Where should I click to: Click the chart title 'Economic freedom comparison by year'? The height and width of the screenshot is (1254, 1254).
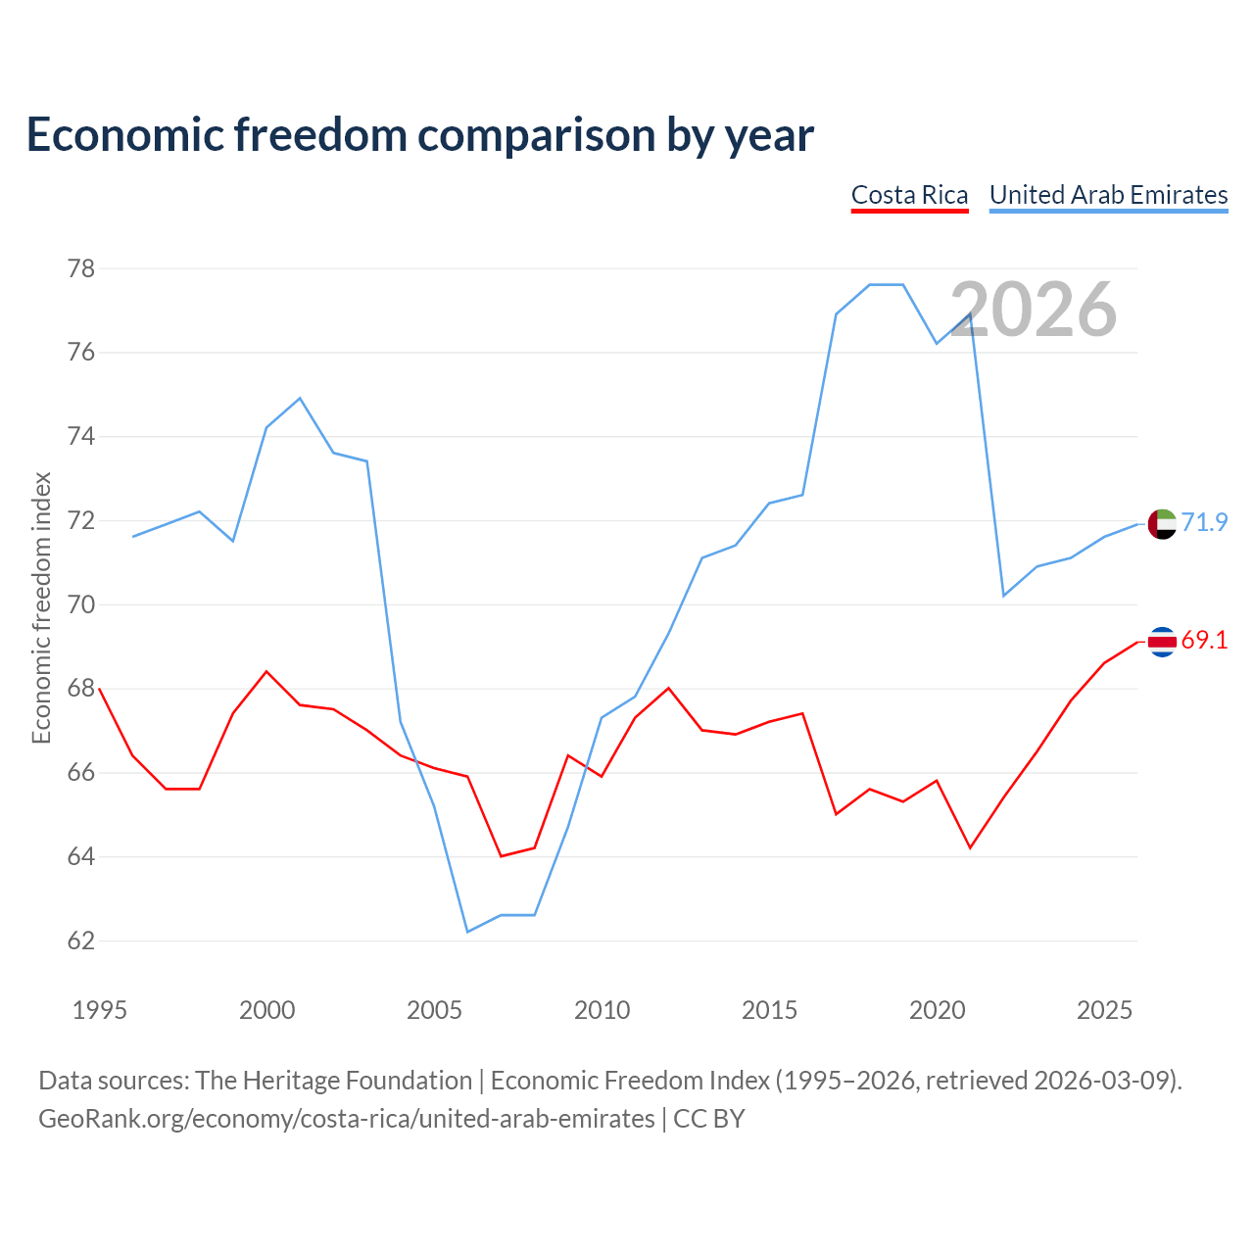[x=419, y=135]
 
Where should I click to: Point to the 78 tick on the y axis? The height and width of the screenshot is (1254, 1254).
[x=81, y=268]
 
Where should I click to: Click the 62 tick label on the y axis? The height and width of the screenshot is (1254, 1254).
[x=81, y=940]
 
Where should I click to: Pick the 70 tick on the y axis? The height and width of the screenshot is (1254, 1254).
[x=81, y=604]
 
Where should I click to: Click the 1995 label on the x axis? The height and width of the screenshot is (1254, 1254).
[x=100, y=1010]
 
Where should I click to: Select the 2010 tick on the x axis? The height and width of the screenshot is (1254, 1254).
[x=602, y=1010]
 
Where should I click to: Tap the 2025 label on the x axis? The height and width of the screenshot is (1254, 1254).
[x=1104, y=1010]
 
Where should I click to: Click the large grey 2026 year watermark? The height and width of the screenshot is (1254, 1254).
[x=1034, y=310]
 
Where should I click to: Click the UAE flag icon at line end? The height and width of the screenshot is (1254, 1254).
[x=1162, y=524]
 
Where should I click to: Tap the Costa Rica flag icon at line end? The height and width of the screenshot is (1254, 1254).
[x=1162, y=643]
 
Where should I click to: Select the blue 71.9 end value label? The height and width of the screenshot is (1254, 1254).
[x=1205, y=522]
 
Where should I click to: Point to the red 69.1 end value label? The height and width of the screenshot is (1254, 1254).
[x=1205, y=641]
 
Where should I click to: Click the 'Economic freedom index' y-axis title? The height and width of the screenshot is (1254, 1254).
[x=42, y=607]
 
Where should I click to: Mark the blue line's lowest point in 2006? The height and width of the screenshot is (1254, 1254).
[x=468, y=932]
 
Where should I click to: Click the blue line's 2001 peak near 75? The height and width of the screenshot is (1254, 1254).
[x=300, y=399]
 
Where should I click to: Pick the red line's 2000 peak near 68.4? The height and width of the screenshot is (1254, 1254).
[x=266, y=672]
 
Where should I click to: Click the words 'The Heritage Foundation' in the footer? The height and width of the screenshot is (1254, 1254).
[x=334, y=1081]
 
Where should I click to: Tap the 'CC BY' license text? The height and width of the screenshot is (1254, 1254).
[x=708, y=1119]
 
